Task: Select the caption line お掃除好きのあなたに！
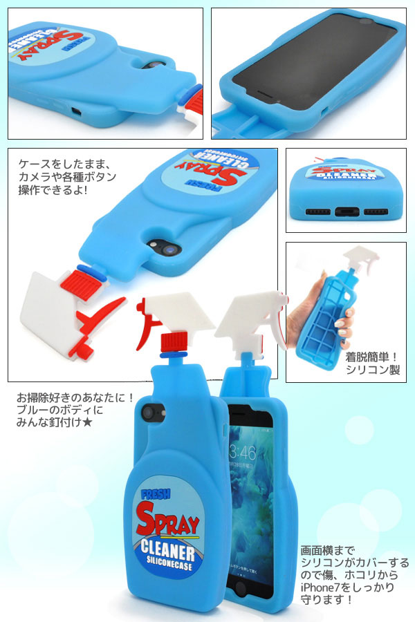tap(75, 399)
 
